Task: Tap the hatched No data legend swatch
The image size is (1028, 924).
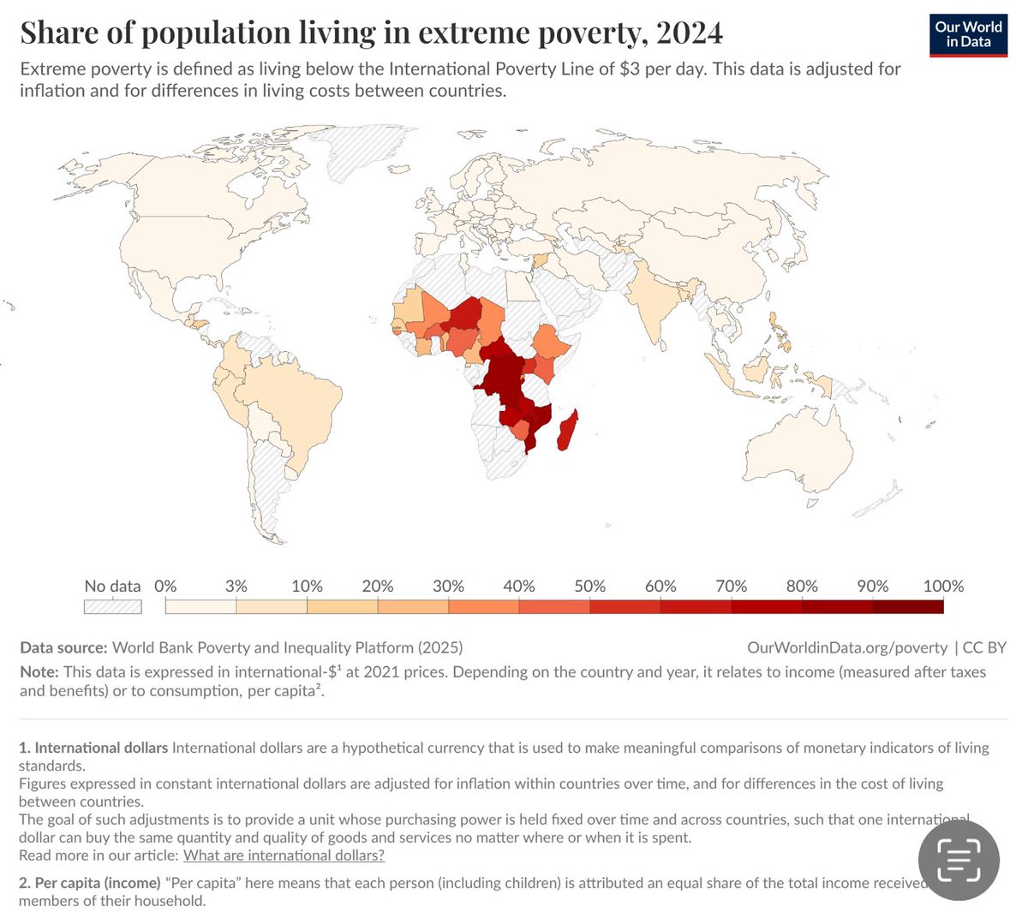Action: [112, 606]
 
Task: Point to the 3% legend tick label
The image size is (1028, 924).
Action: [236, 587]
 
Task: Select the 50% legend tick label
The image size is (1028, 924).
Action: [589, 587]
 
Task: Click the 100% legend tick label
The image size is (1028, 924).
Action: [943, 587]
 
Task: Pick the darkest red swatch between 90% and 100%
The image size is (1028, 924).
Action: [908, 606]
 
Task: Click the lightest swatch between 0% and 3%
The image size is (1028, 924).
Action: [200, 606]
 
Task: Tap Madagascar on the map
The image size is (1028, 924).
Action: [566, 431]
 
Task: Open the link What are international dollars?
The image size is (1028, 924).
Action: [284, 855]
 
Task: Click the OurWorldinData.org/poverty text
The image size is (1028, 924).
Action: [847, 648]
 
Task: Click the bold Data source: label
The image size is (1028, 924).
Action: [63, 648]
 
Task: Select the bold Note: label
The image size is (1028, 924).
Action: [39, 672]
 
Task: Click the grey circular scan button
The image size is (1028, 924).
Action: [959, 859]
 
